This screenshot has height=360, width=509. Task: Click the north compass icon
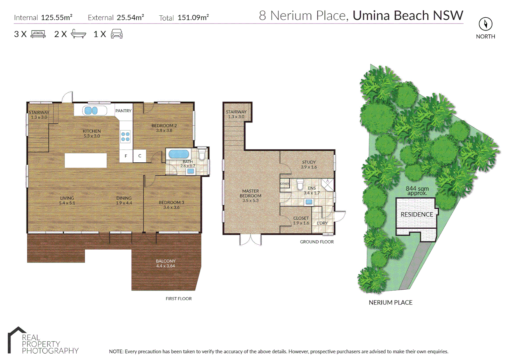coord(485,24)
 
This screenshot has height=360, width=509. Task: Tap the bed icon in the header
coord(38,34)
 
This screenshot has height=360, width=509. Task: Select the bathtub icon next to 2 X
coord(79,34)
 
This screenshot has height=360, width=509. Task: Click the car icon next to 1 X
coord(117,34)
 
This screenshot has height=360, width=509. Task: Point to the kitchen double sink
coord(91,110)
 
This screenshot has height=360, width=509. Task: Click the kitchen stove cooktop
coord(126,137)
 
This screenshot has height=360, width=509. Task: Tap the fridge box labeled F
coord(126,156)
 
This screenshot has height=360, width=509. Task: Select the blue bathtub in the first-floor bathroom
coord(179,154)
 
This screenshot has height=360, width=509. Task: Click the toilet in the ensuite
coord(300,184)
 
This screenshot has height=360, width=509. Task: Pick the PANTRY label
coord(123,111)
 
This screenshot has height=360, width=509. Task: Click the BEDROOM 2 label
coord(164,126)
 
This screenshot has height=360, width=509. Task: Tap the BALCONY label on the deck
coord(166,261)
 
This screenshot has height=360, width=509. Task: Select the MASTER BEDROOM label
coord(251,193)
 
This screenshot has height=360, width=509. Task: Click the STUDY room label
coord(309,162)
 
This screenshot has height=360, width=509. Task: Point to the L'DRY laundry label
coord(322,223)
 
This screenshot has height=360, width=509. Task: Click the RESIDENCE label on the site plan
coord(417,214)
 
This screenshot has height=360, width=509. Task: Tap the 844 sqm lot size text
coord(417,189)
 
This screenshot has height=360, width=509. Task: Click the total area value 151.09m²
coord(193,18)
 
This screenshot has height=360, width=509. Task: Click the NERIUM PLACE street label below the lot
coord(390,302)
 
